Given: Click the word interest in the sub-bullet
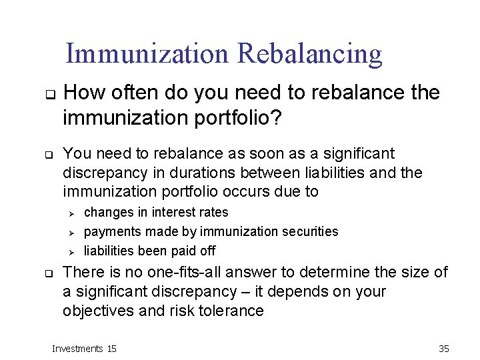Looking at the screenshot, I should point(173,212).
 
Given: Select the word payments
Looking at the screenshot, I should point(109,231).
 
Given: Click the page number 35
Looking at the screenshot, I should point(444,349).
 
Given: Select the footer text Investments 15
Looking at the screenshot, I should point(84,349).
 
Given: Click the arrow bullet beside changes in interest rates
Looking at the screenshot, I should point(73,213).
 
